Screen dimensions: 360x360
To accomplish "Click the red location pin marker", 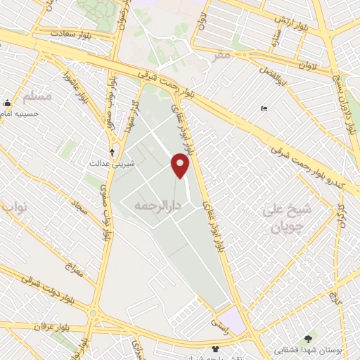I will coord(180,165).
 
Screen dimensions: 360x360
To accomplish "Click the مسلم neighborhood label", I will coord(37,96).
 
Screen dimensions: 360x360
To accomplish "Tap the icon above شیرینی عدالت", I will coord(112,152).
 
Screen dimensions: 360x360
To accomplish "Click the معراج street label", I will coord(74,269).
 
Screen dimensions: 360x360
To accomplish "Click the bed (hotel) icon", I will coord(264,108).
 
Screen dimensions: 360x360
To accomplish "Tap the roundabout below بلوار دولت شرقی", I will coord(92,311).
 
